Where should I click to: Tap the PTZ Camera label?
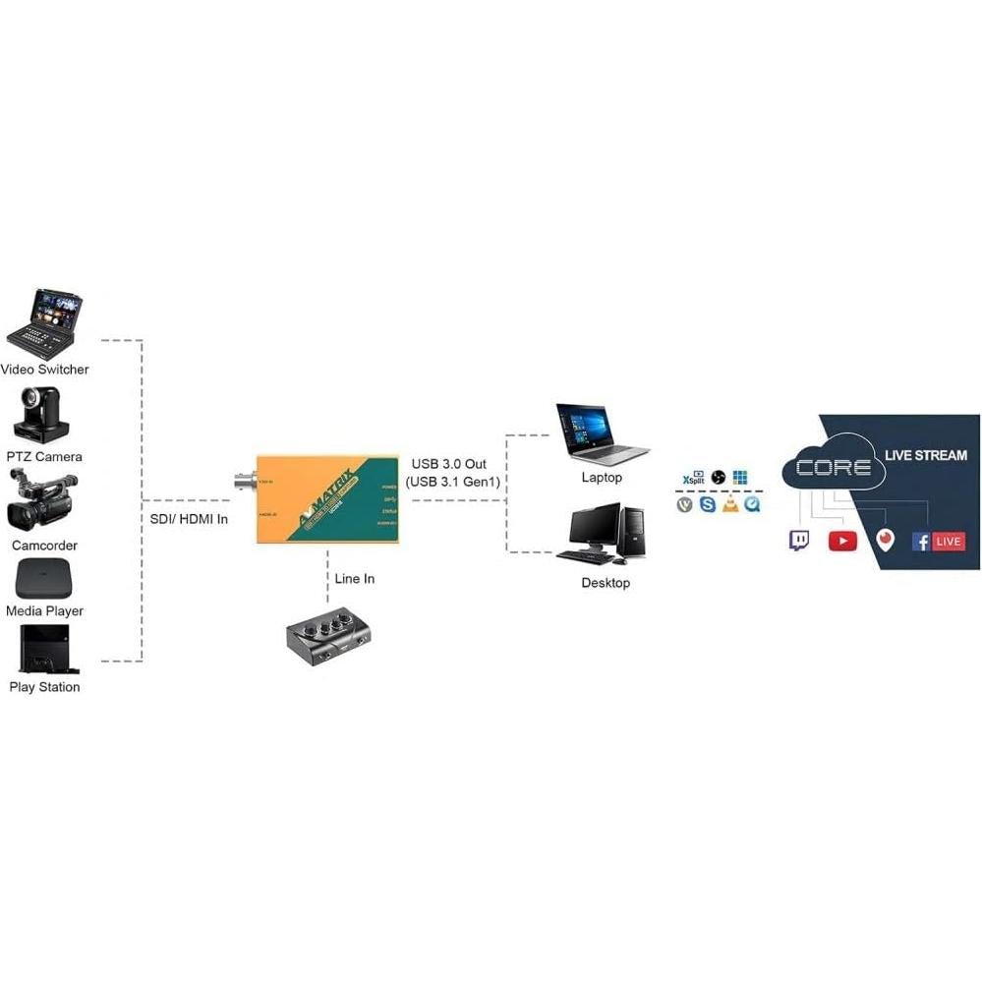coord(44,457)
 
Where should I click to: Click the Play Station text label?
coord(44,687)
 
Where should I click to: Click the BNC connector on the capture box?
coord(240,482)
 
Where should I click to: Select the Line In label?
coord(354,579)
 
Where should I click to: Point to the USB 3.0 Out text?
coord(449,464)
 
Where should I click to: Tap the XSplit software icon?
coord(693,478)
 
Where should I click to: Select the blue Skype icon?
coord(708,504)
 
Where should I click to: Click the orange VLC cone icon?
coord(730,504)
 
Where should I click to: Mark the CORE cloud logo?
coord(834,467)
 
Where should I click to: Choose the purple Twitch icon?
coord(799,540)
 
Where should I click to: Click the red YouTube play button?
coord(842,541)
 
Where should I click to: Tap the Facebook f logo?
coord(921,541)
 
